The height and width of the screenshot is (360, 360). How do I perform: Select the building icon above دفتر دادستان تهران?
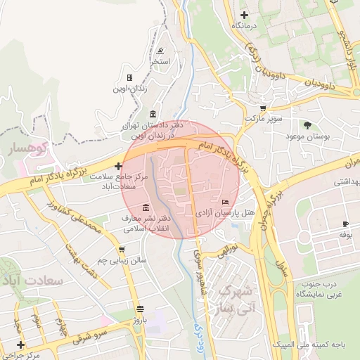pos(153,115)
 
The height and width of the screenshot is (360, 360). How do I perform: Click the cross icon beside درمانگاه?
pos(244,15)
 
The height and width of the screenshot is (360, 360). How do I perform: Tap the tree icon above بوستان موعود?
pos(307,124)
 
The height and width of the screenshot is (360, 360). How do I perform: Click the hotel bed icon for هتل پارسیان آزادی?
pos(225,202)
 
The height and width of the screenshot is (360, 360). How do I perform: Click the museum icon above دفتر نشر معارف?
pos(146,207)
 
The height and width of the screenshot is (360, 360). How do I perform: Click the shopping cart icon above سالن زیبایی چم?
pos(122,249)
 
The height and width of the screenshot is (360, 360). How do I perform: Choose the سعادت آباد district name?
pos(34,280)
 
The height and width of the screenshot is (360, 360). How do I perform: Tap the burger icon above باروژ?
pos(140,309)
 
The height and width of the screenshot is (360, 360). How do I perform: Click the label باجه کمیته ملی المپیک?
pos(323,344)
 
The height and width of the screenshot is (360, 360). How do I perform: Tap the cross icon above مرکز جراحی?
pos(20,345)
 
